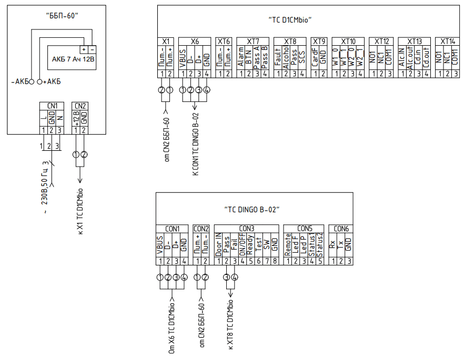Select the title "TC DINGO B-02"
click(252, 210)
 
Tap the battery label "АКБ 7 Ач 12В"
click(73, 60)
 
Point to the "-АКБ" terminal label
click(19, 82)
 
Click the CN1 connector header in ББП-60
click(52, 105)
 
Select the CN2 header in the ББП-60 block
click(79, 105)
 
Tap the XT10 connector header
click(348, 41)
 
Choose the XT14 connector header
click(447, 41)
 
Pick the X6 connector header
click(195, 41)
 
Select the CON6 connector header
click(340, 229)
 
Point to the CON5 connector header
click(304, 229)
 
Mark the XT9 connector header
click(319, 41)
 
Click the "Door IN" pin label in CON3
click(218, 245)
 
